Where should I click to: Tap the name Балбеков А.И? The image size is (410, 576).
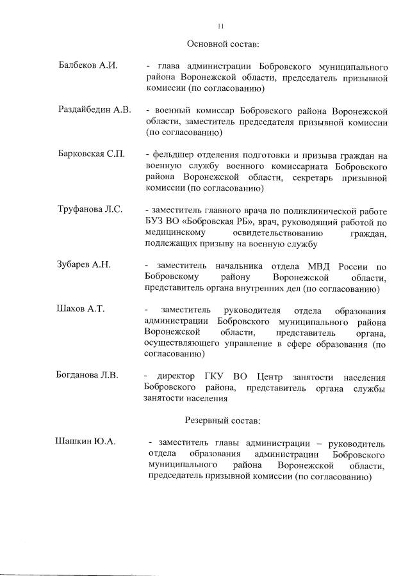tap(88, 67)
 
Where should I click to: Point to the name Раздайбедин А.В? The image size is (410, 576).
tap(95, 110)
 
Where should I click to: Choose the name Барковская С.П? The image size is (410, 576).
tap(91, 155)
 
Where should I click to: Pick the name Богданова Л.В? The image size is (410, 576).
tap(88, 375)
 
